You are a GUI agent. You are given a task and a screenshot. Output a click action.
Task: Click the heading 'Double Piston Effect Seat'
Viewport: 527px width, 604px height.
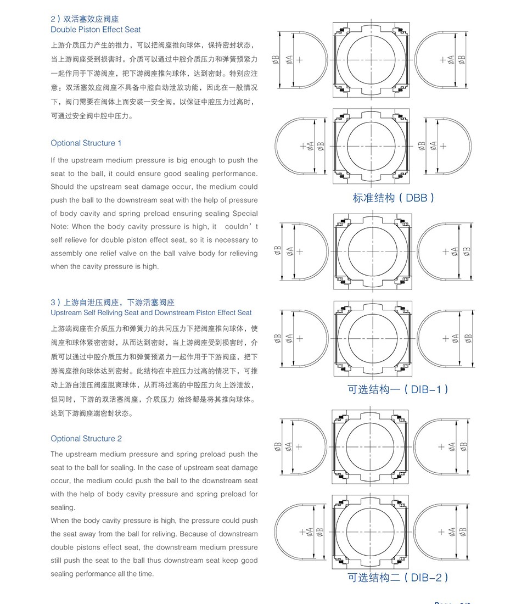(96, 30)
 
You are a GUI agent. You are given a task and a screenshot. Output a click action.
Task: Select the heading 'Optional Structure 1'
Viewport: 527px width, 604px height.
(86, 143)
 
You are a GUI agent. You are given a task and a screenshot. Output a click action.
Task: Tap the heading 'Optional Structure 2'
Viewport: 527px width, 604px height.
(86, 439)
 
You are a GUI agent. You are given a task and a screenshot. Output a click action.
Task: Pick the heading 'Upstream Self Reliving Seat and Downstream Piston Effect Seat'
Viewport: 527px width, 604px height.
(151, 313)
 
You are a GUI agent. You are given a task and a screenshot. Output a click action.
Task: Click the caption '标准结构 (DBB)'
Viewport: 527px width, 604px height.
(394, 198)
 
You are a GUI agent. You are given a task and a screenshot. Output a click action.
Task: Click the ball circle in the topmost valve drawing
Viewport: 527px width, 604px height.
(371, 59)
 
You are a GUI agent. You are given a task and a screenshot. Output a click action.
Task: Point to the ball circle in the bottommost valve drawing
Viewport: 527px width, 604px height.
(371, 532)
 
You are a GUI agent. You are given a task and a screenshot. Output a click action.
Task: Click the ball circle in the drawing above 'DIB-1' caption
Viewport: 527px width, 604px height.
(371, 338)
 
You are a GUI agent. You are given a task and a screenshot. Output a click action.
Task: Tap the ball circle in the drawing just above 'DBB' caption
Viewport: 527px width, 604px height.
(371, 146)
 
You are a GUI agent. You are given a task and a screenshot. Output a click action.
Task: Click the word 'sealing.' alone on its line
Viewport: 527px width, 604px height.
(62, 508)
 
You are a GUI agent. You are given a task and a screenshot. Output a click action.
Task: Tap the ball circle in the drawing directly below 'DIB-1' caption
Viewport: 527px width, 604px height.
(371, 446)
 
